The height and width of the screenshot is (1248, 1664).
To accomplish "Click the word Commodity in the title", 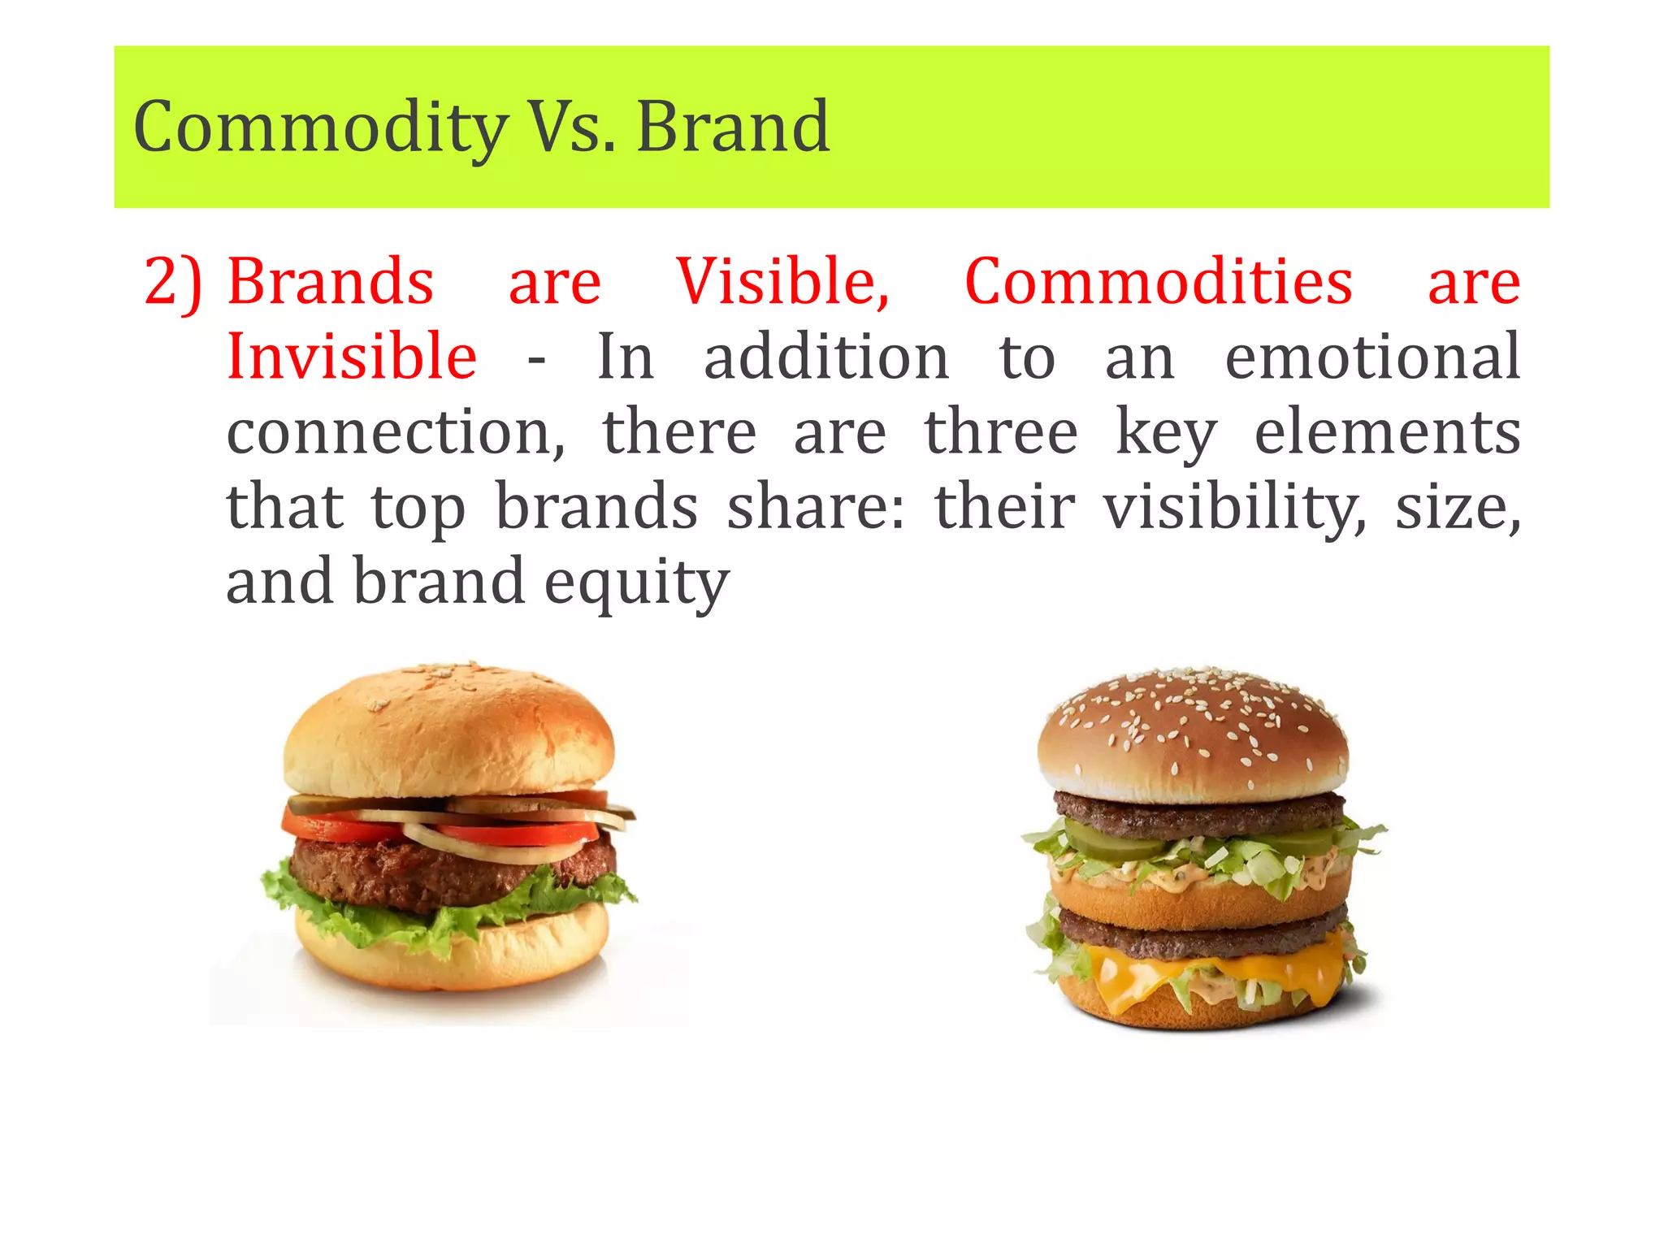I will pyautogui.click(x=320, y=128).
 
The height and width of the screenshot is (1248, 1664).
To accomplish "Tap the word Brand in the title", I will pyautogui.click(x=733, y=127).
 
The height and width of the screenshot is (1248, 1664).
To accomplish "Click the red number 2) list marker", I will pyautogui.click(x=172, y=283).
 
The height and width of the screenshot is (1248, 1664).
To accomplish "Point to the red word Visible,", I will pyautogui.click(x=783, y=282).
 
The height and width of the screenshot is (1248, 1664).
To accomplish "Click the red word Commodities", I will pyautogui.click(x=1159, y=282).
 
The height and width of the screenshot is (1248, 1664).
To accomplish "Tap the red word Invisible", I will pyautogui.click(x=351, y=357).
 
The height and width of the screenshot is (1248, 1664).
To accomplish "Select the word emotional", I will pyautogui.click(x=1372, y=357).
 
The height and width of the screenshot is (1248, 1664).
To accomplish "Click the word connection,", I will pyautogui.click(x=396, y=431).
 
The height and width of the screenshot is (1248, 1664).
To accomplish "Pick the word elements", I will pyautogui.click(x=1387, y=431).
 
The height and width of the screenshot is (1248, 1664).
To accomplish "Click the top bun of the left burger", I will pyautogui.click(x=448, y=731).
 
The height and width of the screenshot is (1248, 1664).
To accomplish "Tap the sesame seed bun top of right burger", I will pyautogui.click(x=1192, y=731).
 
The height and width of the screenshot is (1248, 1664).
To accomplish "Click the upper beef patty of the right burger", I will pyautogui.click(x=1198, y=812).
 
